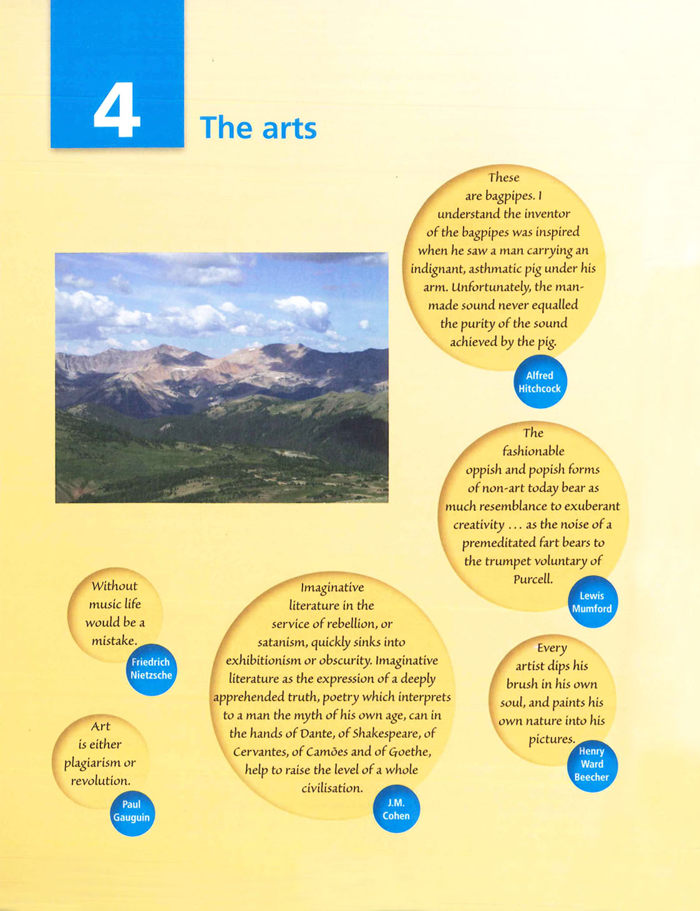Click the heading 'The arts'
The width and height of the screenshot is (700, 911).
tap(258, 128)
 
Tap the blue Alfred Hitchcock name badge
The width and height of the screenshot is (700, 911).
tap(540, 382)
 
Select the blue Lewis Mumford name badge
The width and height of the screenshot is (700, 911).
tap(592, 602)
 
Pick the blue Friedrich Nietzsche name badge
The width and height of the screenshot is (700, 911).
tap(151, 669)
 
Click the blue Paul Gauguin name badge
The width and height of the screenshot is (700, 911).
tap(132, 811)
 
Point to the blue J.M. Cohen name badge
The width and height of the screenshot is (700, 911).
tap(396, 809)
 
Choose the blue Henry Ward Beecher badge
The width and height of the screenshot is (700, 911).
tap(591, 764)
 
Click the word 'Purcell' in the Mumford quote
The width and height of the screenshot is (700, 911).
tap(533, 579)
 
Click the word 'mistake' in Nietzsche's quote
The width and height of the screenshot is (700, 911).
tap(114, 641)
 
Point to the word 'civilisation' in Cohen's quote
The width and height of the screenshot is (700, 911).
tap(331, 788)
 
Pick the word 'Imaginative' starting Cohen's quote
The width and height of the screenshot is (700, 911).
tap(332, 588)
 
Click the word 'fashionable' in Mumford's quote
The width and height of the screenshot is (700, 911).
tap(533, 451)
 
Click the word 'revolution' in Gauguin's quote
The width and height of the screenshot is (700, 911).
tap(100, 781)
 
